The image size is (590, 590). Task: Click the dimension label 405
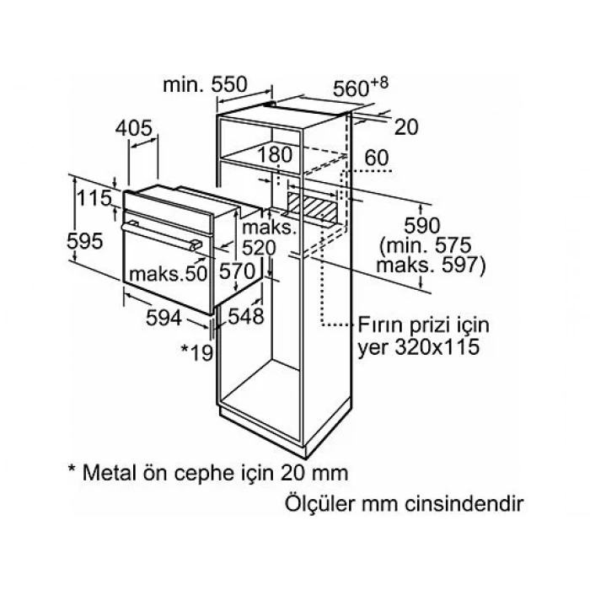pyautogui.click(x=133, y=128)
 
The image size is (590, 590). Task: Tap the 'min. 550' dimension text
pyautogui.click(x=205, y=84)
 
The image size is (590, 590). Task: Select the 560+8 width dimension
pyautogui.click(x=361, y=88)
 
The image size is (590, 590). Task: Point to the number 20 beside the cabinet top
pyautogui.click(x=406, y=127)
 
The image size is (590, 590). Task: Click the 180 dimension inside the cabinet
pyautogui.click(x=275, y=154)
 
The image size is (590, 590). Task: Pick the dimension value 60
pyautogui.click(x=376, y=158)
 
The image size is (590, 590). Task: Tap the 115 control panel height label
pyautogui.click(x=94, y=198)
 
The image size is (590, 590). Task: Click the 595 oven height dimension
pyautogui.click(x=84, y=241)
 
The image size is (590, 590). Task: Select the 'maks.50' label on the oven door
pyautogui.click(x=168, y=274)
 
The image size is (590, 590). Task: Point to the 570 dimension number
pyautogui.click(x=237, y=271)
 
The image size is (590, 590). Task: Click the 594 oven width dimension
pyautogui.click(x=164, y=318)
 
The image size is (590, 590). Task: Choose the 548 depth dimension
pyautogui.click(x=246, y=316)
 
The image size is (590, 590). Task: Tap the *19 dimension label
pyautogui.click(x=197, y=352)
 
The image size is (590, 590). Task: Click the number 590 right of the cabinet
pyautogui.click(x=421, y=226)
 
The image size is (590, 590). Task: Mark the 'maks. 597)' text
pyautogui.click(x=432, y=265)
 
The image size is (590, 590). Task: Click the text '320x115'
pyautogui.click(x=437, y=347)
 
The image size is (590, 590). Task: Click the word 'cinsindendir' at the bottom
pyautogui.click(x=464, y=504)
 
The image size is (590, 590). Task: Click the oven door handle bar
pyautogui.click(x=161, y=237)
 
